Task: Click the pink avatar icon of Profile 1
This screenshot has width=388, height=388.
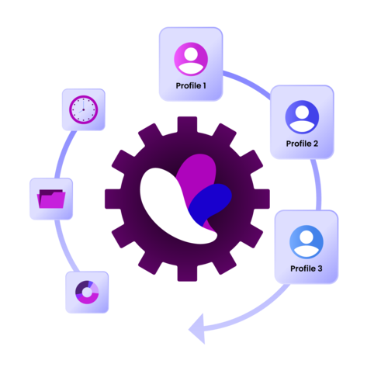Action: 191,59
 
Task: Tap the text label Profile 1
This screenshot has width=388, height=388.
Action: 191,85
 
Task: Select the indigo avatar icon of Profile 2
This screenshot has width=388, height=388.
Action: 302,117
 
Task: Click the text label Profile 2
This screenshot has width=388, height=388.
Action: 302,144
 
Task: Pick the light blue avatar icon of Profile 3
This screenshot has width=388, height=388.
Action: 307,242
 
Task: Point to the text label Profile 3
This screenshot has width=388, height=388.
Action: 307,268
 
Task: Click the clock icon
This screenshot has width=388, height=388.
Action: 83,109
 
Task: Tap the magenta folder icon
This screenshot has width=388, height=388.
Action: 51,199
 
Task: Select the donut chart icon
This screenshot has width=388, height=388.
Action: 87,293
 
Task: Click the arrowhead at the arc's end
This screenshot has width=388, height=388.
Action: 198,329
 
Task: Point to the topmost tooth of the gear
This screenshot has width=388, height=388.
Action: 187,125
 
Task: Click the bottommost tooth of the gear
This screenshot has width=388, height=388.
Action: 187,273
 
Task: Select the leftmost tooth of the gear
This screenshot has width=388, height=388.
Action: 113,199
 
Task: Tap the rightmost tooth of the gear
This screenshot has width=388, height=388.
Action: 262,199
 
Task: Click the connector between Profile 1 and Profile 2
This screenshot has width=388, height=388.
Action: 248,83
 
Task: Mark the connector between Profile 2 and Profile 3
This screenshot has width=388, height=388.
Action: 317,185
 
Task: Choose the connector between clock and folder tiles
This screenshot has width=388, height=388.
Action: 64,153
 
